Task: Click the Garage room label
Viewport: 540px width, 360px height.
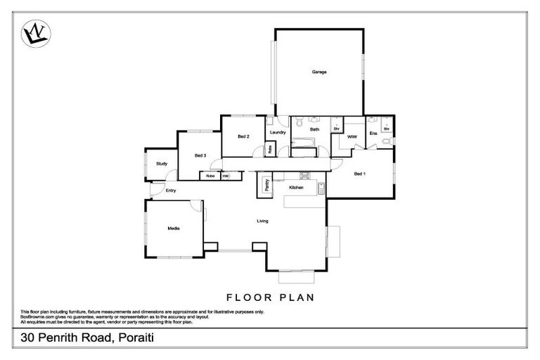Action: [x=319, y=72]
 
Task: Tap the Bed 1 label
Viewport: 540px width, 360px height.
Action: [x=359, y=174]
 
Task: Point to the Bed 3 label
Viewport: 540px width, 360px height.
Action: [x=200, y=155]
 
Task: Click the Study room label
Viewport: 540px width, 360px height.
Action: [x=161, y=164]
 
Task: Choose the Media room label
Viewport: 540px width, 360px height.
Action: [x=172, y=229]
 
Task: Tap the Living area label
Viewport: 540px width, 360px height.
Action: [x=262, y=221]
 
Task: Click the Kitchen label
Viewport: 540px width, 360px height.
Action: [x=296, y=188]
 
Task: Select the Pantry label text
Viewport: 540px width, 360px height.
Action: [x=267, y=185]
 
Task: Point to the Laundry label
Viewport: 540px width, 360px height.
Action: [x=277, y=132]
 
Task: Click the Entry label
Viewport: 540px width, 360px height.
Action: [x=170, y=191]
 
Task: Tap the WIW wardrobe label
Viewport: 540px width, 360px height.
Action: [x=352, y=136]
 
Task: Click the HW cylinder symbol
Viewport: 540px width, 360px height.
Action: [x=226, y=176]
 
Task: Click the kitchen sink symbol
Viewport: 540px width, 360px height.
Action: [x=321, y=188]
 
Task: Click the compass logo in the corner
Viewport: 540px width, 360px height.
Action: [x=35, y=33]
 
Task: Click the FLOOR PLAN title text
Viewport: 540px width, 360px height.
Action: [x=270, y=297]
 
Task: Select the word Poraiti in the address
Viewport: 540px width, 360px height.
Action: [x=128, y=338]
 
